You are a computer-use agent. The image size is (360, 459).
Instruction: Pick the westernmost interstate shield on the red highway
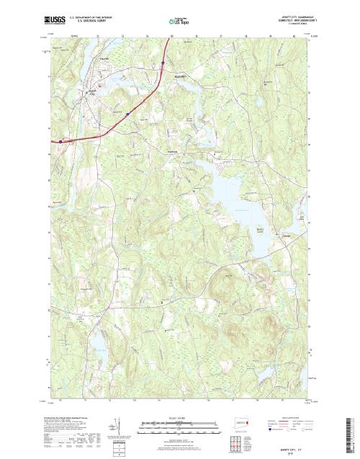click(61, 141)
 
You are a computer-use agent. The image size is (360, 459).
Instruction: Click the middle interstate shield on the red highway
click(127, 113)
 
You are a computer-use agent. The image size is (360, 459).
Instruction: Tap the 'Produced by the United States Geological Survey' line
click(69, 416)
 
